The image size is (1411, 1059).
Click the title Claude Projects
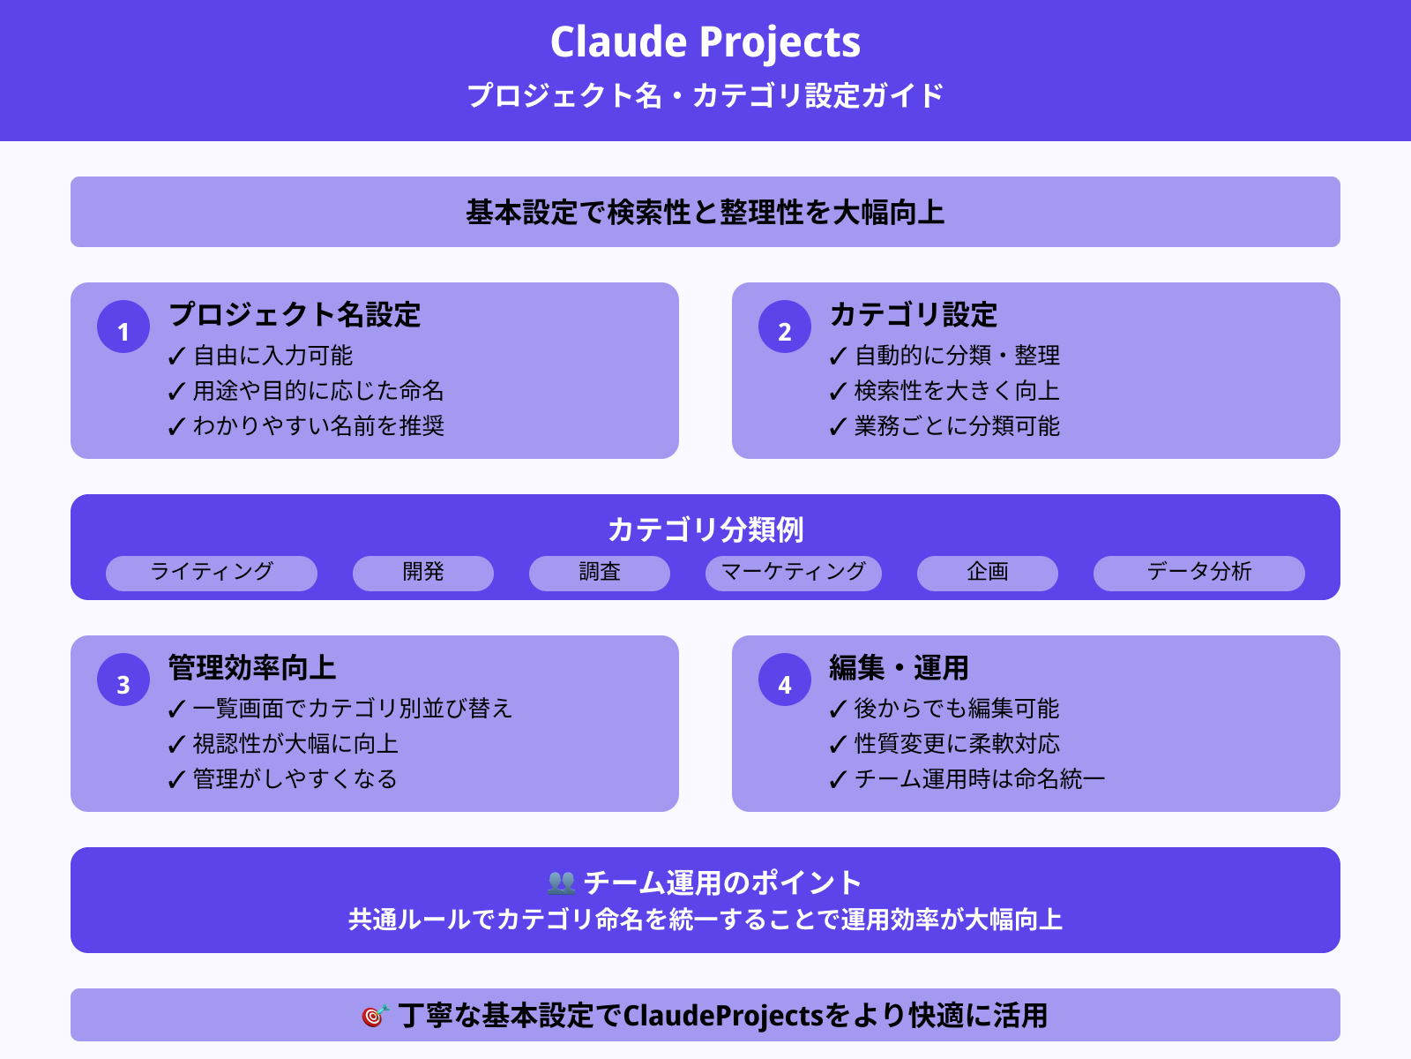[705, 42]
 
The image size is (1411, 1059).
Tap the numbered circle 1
[123, 327]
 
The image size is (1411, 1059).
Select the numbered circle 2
[785, 327]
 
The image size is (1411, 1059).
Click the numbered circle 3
[123, 680]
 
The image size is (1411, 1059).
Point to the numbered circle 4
[785, 680]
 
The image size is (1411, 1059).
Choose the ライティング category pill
[212, 573]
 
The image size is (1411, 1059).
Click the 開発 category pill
[423, 573]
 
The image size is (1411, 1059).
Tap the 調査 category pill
[600, 573]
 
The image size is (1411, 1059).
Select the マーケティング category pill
[794, 573]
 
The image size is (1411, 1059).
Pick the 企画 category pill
[988, 573]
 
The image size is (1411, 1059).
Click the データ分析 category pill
[1199, 573]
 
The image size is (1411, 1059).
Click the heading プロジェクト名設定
[295, 315]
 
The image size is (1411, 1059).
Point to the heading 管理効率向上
[252, 668]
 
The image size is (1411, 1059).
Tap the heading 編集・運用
[899, 668]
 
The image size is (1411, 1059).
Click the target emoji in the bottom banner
[375, 1017]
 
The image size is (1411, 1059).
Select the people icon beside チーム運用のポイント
[561, 882]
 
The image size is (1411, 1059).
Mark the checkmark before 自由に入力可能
[176, 357]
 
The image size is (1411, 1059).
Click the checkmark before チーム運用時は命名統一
[838, 780]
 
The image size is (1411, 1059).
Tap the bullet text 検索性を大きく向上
[957, 391]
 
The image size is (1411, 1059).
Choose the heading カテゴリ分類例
[705, 529]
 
